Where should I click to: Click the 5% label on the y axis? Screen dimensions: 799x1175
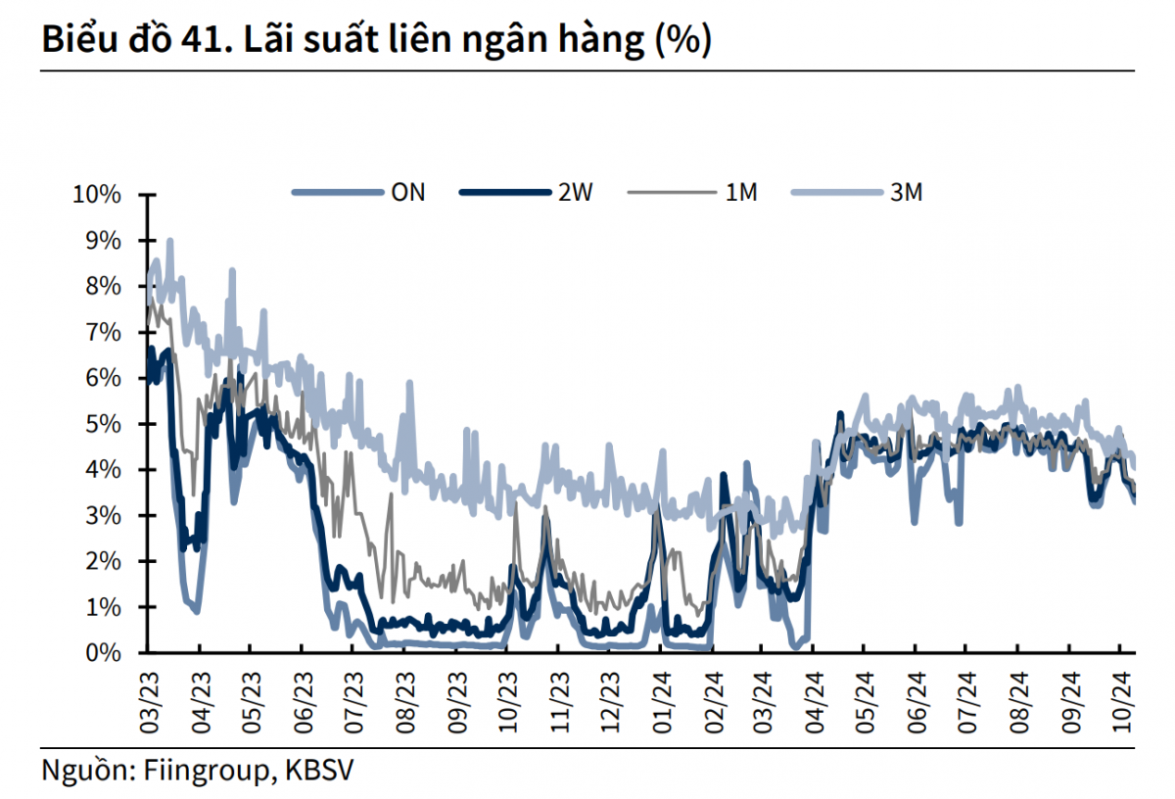(x=103, y=424)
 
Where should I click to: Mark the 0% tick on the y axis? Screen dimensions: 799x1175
(x=103, y=653)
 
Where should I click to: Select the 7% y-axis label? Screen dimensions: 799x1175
(x=103, y=332)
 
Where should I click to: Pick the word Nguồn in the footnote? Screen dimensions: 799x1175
(x=82, y=770)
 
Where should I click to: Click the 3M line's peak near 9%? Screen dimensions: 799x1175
(x=170, y=240)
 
